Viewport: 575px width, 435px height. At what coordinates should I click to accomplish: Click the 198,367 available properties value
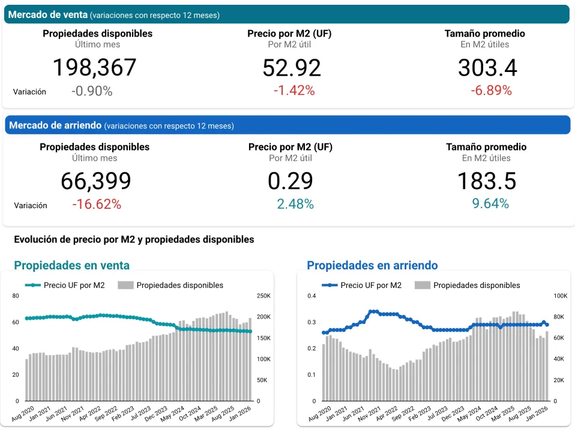[x=95, y=67]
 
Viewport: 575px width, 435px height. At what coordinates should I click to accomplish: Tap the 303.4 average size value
[x=487, y=68]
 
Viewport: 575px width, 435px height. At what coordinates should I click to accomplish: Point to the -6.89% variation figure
[x=491, y=91]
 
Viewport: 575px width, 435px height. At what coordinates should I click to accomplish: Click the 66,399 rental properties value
[x=95, y=181]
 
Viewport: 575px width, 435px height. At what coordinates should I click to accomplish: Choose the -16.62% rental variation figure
[x=97, y=204]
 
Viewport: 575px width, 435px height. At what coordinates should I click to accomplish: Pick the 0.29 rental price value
[x=290, y=181]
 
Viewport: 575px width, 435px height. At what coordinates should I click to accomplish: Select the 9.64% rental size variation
[x=490, y=204]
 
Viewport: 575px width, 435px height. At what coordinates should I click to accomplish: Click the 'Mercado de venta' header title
[x=48, y=14]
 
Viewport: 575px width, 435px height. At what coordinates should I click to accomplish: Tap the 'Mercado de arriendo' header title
[x=55, y=125]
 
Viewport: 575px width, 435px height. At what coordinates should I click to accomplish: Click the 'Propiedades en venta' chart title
[x=71, y=265]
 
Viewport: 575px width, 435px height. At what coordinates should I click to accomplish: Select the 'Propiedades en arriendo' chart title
[x=372, y=265]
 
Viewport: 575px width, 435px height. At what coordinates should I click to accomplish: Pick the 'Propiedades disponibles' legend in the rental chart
[x=468, y=286]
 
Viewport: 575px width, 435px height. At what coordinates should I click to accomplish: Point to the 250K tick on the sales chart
[x=263, y=296]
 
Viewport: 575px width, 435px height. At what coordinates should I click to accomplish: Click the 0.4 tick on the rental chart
[x=311, y=296]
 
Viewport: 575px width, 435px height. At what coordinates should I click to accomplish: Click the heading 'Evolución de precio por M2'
[x=134, y=239]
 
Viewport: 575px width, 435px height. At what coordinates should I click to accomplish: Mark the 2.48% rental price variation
[x=295, y=204]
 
